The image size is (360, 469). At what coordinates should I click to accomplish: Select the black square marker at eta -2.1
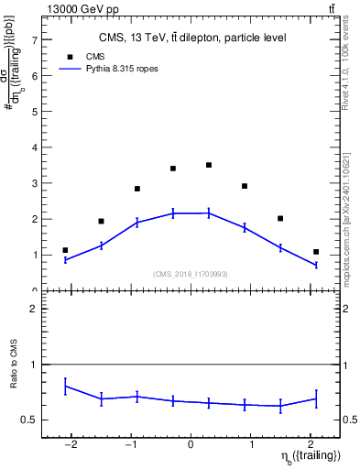click(x=65, y=250)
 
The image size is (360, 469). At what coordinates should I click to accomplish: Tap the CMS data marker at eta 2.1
click(x=316, y=252)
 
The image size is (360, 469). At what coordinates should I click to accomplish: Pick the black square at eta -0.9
click(x=136, y=189)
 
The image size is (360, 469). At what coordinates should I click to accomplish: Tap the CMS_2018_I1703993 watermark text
click(x=191, y=274)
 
